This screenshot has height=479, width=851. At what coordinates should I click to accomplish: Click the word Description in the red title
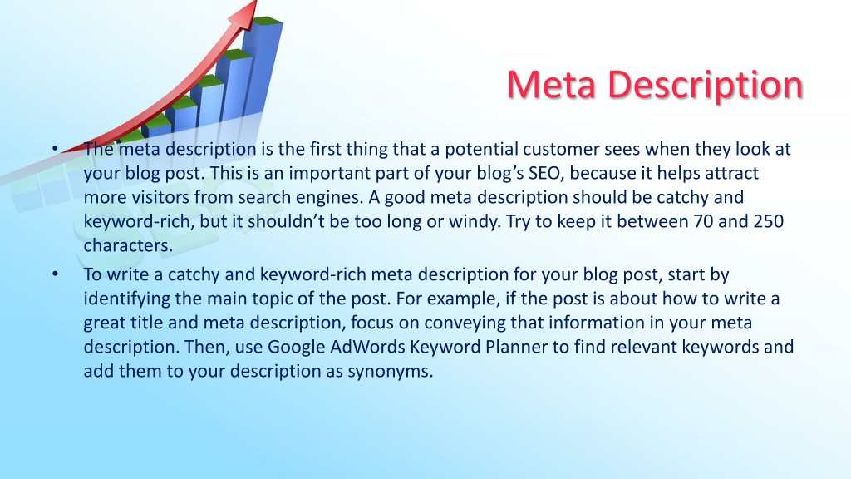(x=706, y=86)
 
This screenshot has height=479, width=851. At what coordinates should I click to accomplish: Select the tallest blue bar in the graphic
(x=262, y=65)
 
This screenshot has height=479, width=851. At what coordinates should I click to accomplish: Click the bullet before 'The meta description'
(x=55, y=148)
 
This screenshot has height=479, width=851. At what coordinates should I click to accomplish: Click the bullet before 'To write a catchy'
(x=55, y=274)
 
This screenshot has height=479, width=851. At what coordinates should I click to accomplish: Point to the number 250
(x=769, y=221)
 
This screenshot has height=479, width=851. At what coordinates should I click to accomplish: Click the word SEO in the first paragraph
(x=544, y=173)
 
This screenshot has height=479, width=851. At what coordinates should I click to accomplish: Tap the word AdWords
(x=367, y=347)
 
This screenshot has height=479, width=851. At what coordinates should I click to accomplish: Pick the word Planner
(x=516, y=347)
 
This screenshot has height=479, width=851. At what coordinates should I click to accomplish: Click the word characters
(x=128, y=245)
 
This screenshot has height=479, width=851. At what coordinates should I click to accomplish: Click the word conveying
(x=465, y=323)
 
